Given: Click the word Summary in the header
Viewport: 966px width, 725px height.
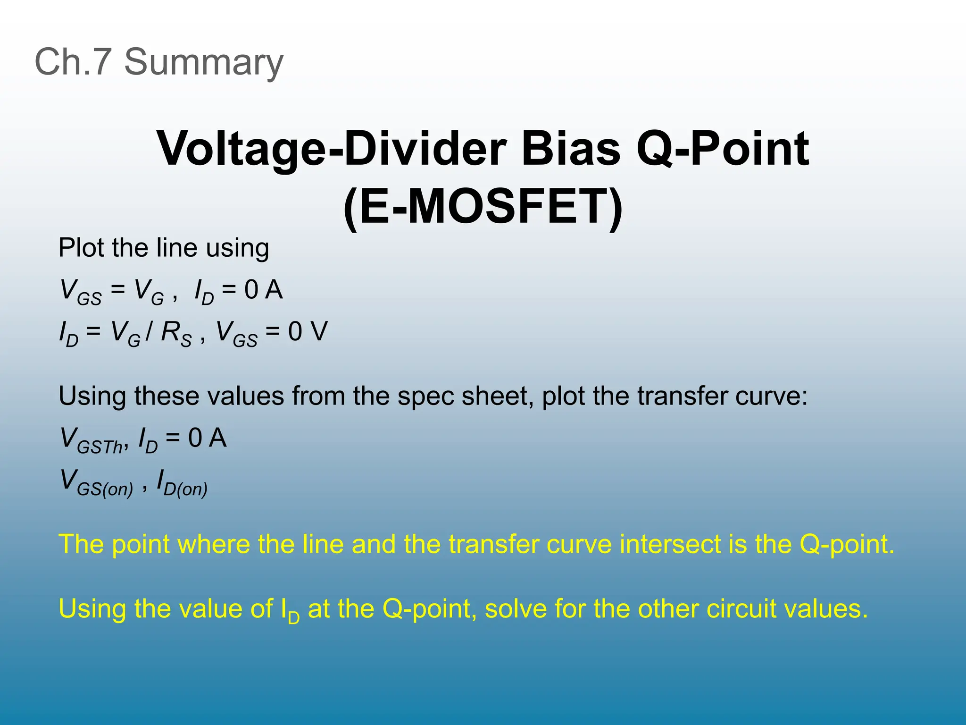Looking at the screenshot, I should point(203,63).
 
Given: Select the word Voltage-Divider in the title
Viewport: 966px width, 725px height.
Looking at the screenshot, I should point(331,149).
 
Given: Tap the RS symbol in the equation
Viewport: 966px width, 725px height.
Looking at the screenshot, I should point(176,333).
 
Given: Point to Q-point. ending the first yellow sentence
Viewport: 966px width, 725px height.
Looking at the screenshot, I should point(846,544).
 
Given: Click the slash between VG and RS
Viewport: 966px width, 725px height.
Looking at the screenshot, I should point(150,331).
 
